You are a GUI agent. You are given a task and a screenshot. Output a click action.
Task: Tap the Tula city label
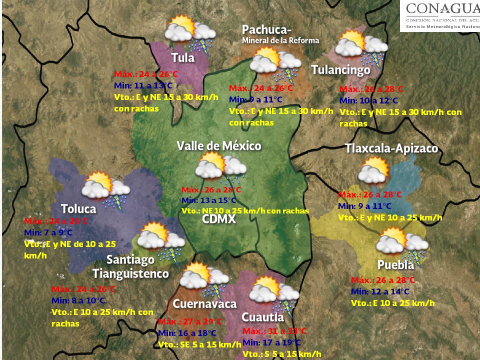tap(182, 57)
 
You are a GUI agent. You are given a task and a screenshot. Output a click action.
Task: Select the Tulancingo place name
tap(340, 70)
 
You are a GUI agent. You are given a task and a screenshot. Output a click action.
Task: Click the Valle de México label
tap(218, 146)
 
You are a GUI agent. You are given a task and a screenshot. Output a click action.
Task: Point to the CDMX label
tap(219, 219)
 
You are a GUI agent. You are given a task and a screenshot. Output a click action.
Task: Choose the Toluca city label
tap(78, 208)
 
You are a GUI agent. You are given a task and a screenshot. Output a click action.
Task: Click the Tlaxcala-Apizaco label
tap(391, 148)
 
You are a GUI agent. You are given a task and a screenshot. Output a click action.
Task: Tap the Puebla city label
tap(395, 264)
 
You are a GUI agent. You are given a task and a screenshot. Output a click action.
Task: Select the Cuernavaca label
tap(204, 304)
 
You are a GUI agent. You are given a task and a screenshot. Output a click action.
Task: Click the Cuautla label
tap(262, 317)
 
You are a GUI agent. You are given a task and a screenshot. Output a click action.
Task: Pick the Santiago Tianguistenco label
tap(130, 267)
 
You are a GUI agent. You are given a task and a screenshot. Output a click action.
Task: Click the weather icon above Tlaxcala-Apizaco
tap(374, 170)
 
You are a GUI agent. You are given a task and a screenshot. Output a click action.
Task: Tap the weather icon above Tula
tap(190, 33)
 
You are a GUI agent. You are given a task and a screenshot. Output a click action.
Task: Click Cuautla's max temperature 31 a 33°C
tap(274, 331)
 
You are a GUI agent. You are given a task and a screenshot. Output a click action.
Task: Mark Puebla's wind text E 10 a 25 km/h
tap(392, 303)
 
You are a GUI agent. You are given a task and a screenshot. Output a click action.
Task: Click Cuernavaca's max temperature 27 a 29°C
tap(190, 321)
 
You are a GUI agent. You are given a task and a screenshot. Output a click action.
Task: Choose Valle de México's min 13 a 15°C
tap(213, 200)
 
